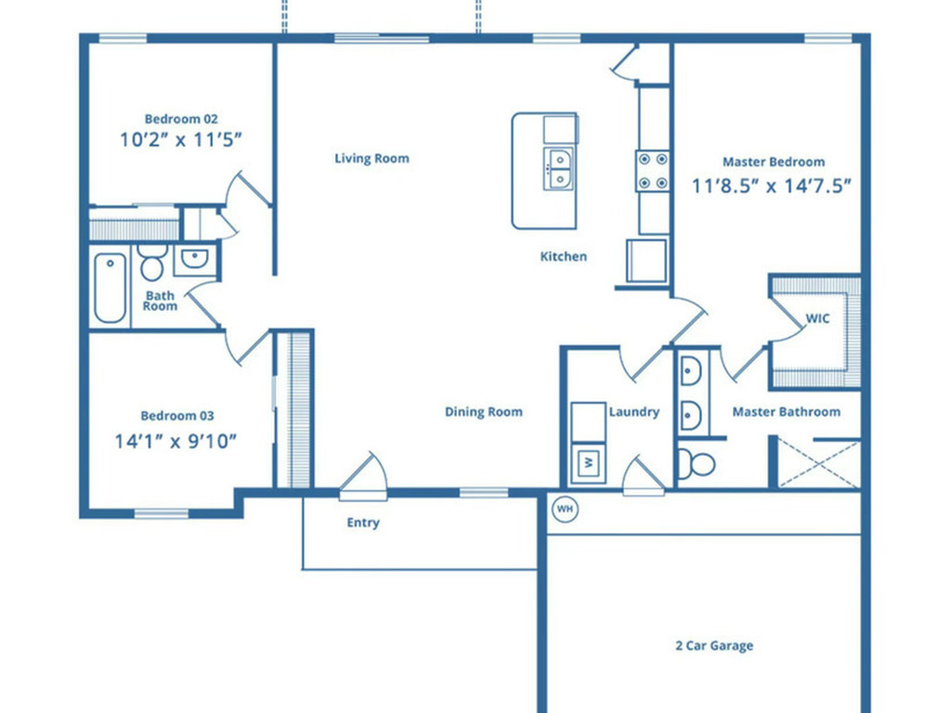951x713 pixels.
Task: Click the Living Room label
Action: pos(371,159)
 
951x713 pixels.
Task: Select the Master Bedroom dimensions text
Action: pos(772,185)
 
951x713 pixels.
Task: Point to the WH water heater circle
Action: pos(564,508)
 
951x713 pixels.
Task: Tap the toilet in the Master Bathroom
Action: pos(694,461)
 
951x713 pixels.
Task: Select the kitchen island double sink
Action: pos(559,168)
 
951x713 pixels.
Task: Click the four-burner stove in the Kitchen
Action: pos(653,171)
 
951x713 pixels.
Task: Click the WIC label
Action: pos(817,318)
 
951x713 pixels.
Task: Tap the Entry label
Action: pos(363,523)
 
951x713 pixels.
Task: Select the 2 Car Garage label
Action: pos(713,645)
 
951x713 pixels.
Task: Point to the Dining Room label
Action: pos(483,412)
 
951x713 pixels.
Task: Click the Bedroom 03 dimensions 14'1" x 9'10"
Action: pos(176,441)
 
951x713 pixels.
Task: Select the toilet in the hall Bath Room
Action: pos(152,263)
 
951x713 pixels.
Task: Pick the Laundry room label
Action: pos(634,412)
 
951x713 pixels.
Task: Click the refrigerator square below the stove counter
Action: pos(647,261)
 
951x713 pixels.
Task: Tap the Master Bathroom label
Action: pos(786,412)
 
